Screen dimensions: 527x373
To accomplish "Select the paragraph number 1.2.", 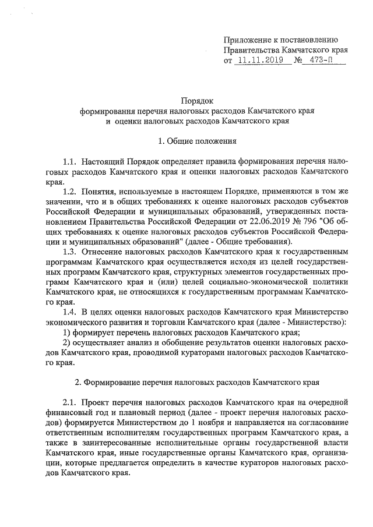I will (x=70, y=192).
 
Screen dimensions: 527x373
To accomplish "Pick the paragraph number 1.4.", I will (x=70, y=312).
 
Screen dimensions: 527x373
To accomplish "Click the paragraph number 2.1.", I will (x=70, y=402).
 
